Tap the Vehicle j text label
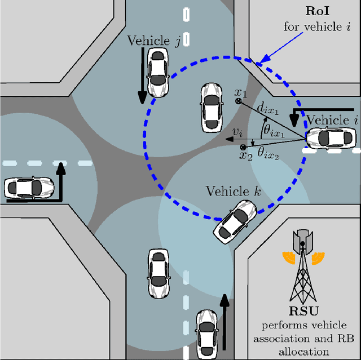tap(153, 40)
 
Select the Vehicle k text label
tap(229, 190)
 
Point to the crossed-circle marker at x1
tap(239, 101)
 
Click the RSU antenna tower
tap(303, 265)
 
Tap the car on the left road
tap(28, 186)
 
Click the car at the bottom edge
tap(206, 332)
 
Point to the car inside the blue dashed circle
tap(211, 105)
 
